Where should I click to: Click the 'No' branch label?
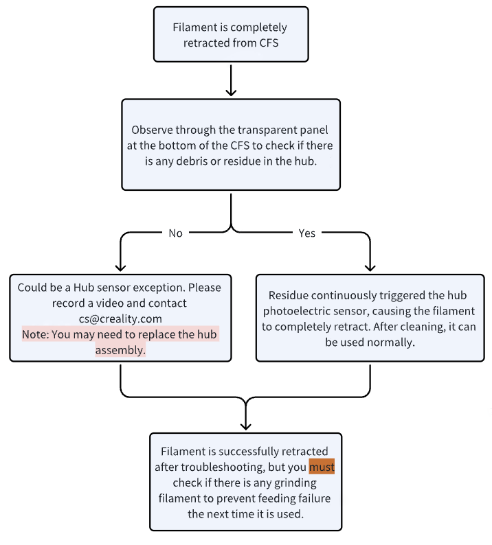pos(175,233)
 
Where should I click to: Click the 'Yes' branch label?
pos(306,233)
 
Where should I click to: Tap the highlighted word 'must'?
pos(322,467)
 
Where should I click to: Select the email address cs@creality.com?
pos(120,318)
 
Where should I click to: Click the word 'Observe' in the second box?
pos(151,130)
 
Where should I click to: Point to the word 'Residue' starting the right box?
pos(289,295)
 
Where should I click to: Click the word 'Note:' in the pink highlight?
pos(36,334)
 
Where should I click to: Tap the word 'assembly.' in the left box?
pos(120,350)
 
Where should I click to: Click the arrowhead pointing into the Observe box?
pos(231,93)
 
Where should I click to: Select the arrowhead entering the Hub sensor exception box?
pos(120,268)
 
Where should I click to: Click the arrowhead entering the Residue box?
pos(370,268)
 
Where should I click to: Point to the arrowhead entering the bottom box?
pos(246,426)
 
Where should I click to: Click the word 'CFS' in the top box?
pos(269,43)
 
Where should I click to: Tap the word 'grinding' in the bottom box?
pos(295,483)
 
